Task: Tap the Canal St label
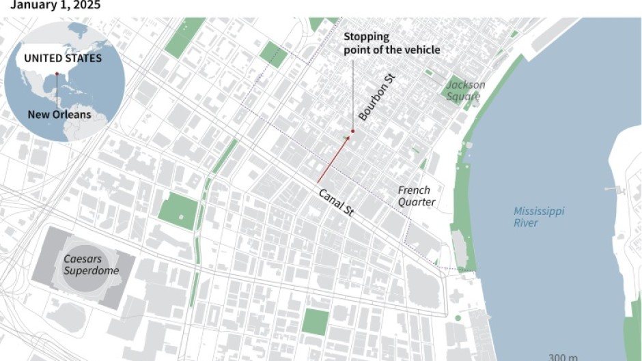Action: (x=336, y=203)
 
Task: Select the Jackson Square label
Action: (x=466, y=91)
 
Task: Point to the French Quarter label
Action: (x=416, y=196)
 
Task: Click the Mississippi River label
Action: (x=539, y=217)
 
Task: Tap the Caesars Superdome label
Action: (x=91, y=265)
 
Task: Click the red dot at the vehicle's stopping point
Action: (x=352, y=131)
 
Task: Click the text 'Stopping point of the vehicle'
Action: (x=391, y=43)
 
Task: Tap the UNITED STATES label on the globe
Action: (x=63, y=58)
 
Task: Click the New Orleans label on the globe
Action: (x=59, y=115)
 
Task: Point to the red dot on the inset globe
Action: (x=57, y=73)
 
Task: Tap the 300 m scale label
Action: (x=563, y=357)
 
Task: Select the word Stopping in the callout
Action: (x=366, y=37)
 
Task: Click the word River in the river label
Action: (x=526, y=223)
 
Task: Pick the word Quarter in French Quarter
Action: (x=417, y=202)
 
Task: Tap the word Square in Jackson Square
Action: (x=464, y=97)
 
